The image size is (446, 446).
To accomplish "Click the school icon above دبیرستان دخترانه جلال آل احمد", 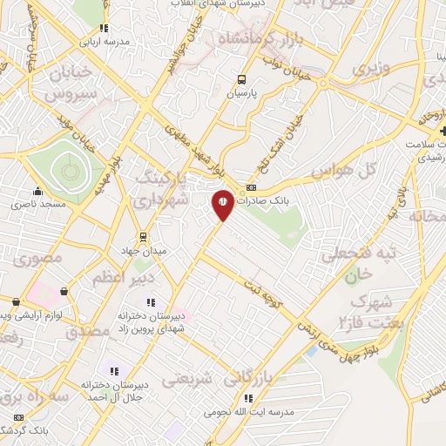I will tap(111, 372).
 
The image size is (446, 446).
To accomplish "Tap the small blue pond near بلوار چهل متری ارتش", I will tap(311, 351).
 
